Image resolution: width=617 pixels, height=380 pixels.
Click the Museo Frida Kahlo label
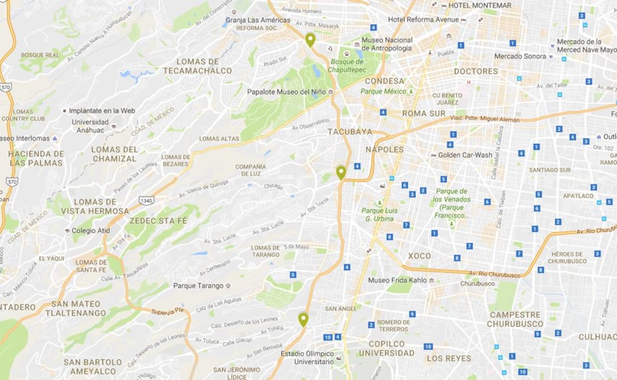click(x=397, y=280)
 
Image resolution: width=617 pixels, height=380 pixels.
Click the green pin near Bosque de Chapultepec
click(x=310, y=40)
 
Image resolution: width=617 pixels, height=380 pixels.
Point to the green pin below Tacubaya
click(x=341, y=172)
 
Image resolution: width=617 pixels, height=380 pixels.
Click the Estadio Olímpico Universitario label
click(x=307, y=358)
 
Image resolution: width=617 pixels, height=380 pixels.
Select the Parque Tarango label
click(x=198, y=286)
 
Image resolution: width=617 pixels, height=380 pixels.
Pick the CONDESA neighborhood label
click(x=384, y=81)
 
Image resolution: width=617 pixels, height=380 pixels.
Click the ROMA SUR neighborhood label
click(x=424, y=114)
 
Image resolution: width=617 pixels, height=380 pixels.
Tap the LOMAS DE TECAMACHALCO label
click(x=197, y=66)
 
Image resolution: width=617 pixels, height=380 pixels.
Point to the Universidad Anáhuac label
click(x=90, y=126)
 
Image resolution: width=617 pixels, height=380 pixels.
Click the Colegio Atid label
click(x=91, y=231)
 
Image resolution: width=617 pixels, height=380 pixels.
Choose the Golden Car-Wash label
click(x=465, y=155)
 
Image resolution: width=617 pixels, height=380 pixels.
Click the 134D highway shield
click(x=146, y=200)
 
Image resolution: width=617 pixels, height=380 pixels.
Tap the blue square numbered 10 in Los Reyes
click(x=428, y=346)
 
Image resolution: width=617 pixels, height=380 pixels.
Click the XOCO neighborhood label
click(x=419, y=256)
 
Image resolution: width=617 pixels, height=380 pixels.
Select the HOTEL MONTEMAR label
click(x=479, y=5)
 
